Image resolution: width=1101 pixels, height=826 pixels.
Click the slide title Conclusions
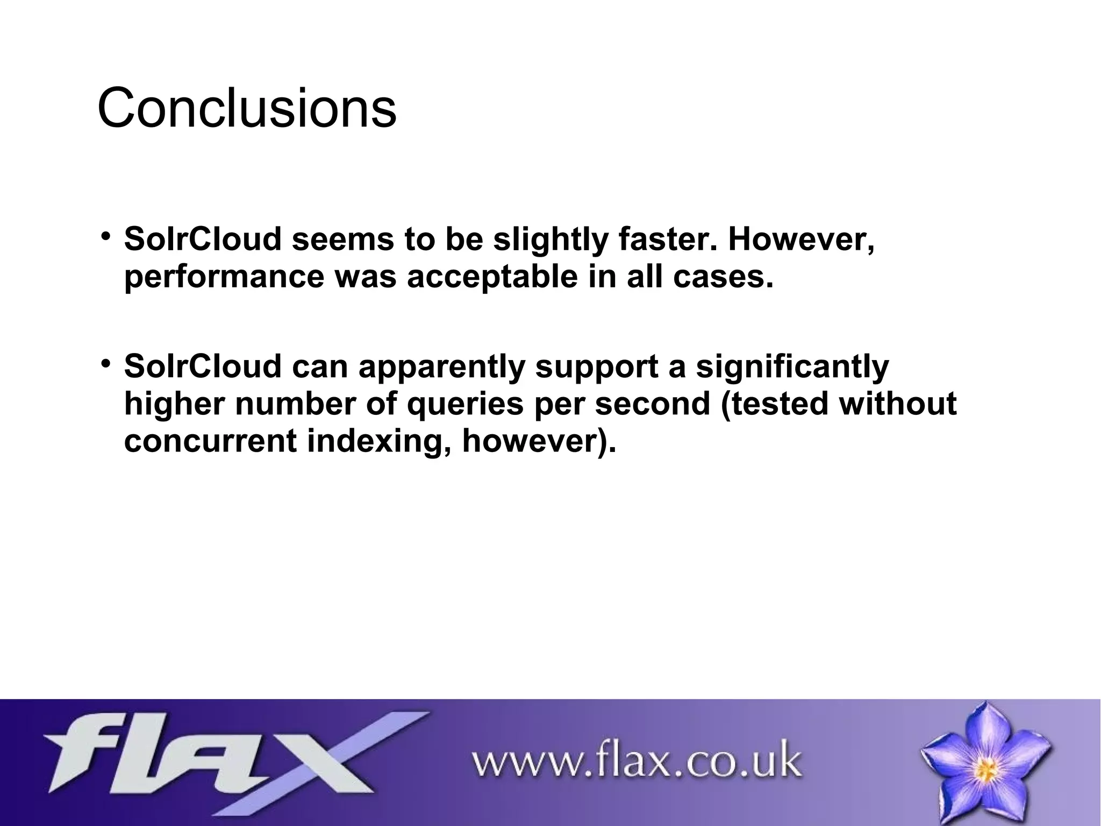tap(247, 108)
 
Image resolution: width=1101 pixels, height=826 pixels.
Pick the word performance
tap(224, 277)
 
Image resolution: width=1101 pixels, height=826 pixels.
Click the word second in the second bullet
tap(652, 404)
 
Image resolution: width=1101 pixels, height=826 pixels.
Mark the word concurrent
tap(210, 441)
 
